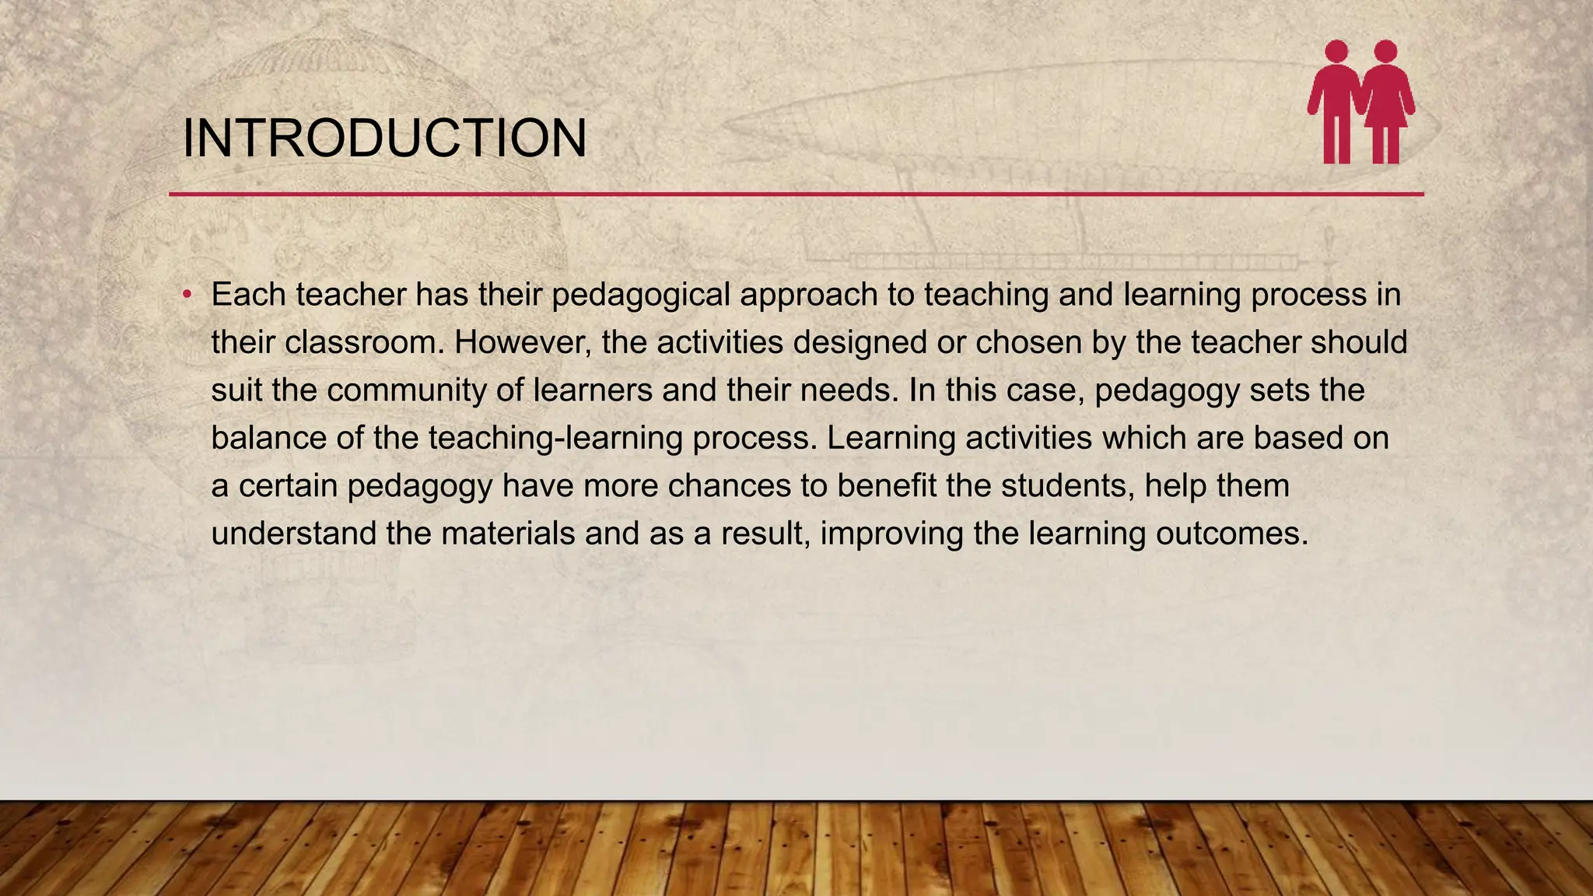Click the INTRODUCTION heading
384,139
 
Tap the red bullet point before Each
187,295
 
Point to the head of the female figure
1385,51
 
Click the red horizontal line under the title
796,194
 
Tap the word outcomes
1231,534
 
